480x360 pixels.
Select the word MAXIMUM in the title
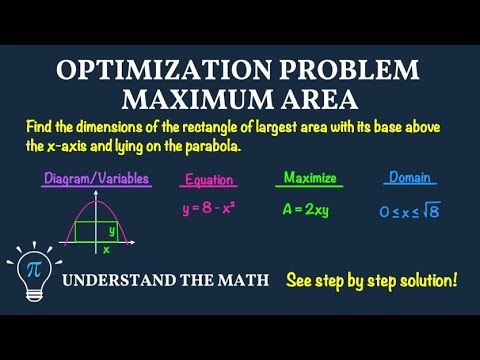click(194, 100)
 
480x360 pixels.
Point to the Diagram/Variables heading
click(97, 179)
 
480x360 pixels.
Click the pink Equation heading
click(210, 181)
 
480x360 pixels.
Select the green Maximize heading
click(309, 178)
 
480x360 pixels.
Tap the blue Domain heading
click(409, 178)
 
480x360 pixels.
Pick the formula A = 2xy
click(309, 210)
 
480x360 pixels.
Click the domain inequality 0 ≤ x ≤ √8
click(410, 210)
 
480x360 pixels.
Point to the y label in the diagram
click(112, 230)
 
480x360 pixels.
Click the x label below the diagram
click(106, 249)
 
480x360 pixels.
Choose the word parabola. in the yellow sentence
click(212, 146)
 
